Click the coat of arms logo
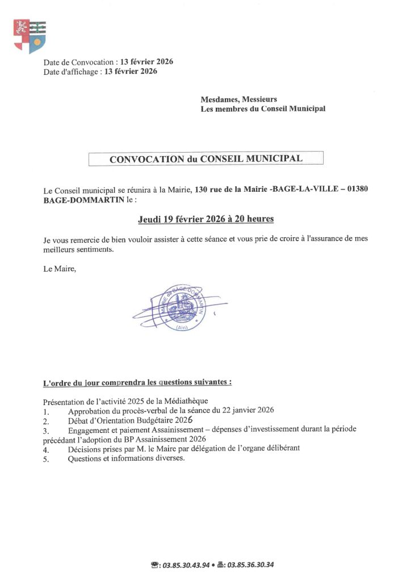coord(30,36)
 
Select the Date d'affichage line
coord(100,71)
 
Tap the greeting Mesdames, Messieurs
coord(239,99)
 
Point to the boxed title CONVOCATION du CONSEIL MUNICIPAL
coord(205,159)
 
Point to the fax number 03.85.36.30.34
coord(250,565)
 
